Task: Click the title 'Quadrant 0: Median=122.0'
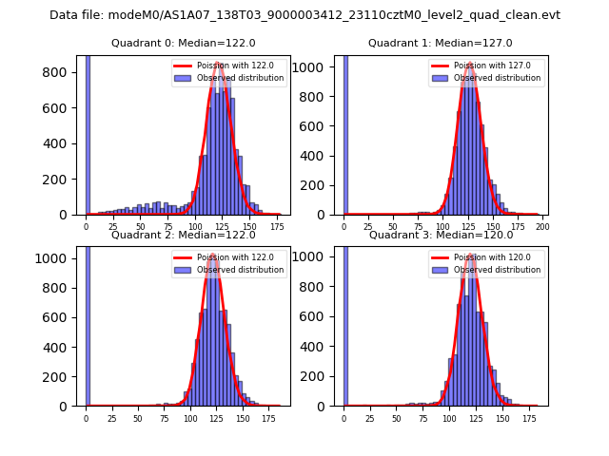183,43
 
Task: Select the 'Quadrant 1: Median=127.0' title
440,43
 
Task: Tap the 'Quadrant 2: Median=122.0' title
183,235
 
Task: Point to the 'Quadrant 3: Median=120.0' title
440,235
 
